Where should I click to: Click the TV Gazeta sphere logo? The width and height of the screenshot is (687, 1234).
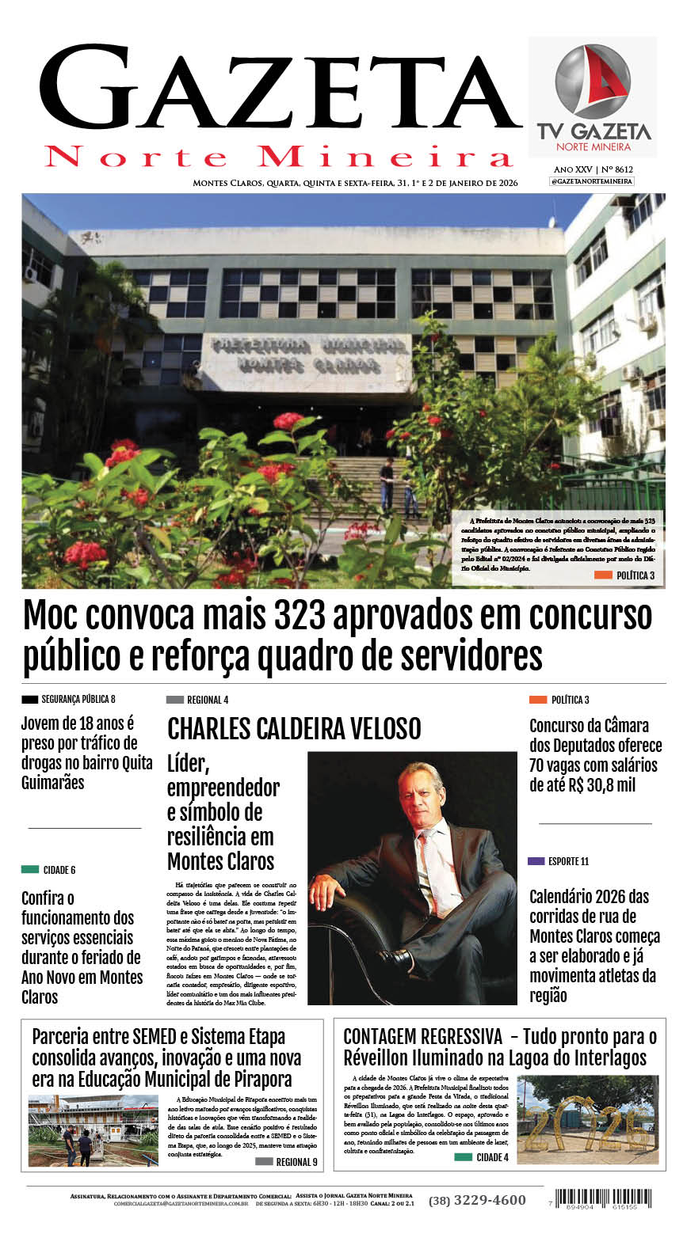tap(593, 81)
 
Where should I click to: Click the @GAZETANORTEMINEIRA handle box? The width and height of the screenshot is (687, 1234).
tap(592, 181)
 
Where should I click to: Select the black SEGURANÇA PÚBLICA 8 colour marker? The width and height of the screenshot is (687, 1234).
tap(30, 699)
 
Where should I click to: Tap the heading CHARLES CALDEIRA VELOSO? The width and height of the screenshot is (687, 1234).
tap(294, 728)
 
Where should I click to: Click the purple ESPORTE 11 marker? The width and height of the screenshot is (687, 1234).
tap(536, 861)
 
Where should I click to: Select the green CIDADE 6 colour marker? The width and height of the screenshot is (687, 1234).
tap(30, 869)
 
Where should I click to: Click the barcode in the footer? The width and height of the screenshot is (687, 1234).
tap(604, 1198)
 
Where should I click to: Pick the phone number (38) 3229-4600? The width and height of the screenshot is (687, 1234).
tap(477, 1200)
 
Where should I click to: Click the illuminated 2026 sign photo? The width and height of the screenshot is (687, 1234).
tap(588, 1119)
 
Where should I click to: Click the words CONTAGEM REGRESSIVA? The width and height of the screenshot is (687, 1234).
tap(422, 1036)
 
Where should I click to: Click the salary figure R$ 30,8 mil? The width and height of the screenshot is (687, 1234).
tap(610, 785)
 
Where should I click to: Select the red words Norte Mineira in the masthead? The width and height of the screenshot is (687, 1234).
tap(279, 156)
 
